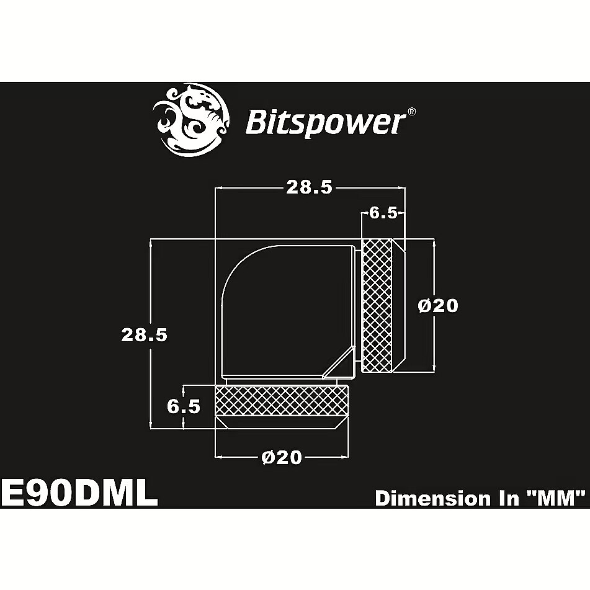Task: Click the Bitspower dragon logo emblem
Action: click(x=190, y=120)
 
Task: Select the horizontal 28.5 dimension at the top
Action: click(x=310, y=187)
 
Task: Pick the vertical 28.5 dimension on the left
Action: click(x=144, y=334)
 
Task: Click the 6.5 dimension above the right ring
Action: click(x=383, y=213)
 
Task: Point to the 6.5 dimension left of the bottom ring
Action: click(x=184, y=407)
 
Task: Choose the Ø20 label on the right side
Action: click(x=439, y=305)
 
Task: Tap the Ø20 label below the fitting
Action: click(x=282, y=457)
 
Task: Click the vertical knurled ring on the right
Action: click(x=377, y=305)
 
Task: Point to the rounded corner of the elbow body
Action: click(x=241, y=266)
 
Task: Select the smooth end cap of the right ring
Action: click(x=399, y=305)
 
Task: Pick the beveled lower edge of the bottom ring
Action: click(x=282, y=422)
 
